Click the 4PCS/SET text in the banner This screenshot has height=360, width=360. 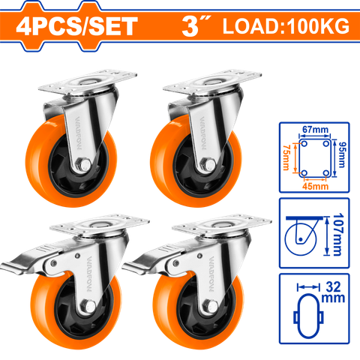pyautogui.click(x=76, y=26)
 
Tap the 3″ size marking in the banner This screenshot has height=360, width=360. pyautogui.click(x=196, y=25)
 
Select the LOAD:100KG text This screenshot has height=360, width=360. pyautogui.click(x=286, y=26)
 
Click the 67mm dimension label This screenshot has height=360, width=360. pyautogui.click(x=315, y=130)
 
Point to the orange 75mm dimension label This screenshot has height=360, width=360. pyautogui.click(x=286, y=157)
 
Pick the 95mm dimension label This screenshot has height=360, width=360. pyautogui.click(x=341, y=155)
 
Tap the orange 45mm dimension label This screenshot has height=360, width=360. pyautogui.click(x=315, y=186)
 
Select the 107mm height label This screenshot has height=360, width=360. pyautogui.click(x=337, y=235)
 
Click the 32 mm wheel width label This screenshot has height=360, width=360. pyautogui.click(x=333, y=292)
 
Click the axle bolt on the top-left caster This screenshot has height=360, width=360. pyautogui.click(x=83, y=164)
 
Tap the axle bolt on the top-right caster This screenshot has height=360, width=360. pyautogui.click(x=208, y=165)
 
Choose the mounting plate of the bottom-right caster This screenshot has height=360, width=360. pyautogui.click(x=222, y=224)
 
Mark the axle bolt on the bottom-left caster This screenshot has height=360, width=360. pyautogui.click(x=88, y=306)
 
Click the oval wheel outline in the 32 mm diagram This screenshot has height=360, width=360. pyautogui.click(x=308, y=316)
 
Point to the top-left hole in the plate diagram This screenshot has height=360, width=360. pyautogui.click(x=304, y=144)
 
